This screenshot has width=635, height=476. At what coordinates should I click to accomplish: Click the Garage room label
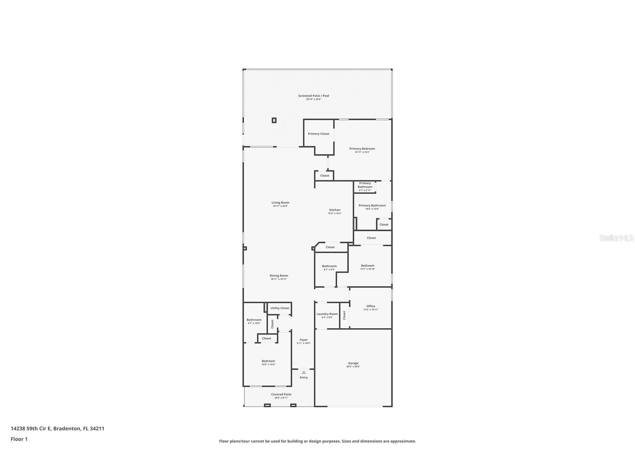(353, 363)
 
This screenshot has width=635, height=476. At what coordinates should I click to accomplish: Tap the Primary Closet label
(318, 134)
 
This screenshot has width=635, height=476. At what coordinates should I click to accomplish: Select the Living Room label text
(280, 203)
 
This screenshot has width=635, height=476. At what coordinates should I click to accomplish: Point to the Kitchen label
(335, 210)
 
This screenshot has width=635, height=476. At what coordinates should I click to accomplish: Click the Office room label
(370, 306)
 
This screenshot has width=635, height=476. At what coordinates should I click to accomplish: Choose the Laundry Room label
(327, 314)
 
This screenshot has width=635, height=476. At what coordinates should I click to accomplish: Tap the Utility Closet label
(280, 308)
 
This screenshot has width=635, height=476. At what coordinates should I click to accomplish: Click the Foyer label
(303, 340)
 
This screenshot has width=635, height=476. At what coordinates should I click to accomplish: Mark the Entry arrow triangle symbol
(303, 372)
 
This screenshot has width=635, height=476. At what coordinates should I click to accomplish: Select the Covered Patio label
(281, 394)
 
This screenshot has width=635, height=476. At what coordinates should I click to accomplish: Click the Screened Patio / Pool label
(314, 96)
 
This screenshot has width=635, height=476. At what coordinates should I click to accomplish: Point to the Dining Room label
(279, 276)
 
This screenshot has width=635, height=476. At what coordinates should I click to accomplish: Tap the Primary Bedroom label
(362, 149)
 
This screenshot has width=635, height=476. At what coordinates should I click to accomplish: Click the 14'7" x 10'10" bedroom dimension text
(367, 269)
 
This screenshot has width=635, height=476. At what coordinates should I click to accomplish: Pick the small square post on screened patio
(274, 120)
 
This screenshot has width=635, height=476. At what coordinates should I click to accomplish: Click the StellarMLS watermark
(616, 238)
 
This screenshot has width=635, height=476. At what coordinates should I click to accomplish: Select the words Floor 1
(19, 439)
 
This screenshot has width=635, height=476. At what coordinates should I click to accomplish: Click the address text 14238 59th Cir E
(31, 428)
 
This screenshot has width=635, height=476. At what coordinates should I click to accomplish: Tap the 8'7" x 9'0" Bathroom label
(329, 266)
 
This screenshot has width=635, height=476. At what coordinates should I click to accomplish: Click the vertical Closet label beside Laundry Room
(344, 315)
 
